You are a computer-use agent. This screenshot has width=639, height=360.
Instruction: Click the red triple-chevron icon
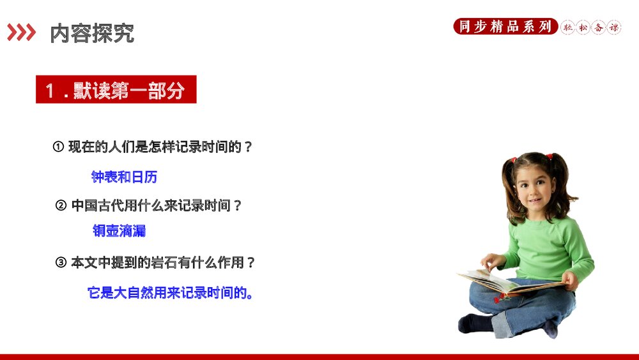point(21,32)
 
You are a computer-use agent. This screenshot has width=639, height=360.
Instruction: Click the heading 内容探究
point(92,33)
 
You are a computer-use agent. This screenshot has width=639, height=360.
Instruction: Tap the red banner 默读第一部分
point(116,90)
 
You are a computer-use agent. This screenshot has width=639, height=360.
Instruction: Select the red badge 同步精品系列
point(505,27)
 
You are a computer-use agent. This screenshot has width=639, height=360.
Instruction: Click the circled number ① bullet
point(58,147)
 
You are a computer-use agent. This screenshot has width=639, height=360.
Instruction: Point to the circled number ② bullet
point(61,206)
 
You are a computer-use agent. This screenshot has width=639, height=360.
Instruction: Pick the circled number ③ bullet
point(61,263)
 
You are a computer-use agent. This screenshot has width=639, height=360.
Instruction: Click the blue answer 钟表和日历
point(124,177)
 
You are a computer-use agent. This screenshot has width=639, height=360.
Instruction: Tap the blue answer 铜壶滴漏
point(119,231)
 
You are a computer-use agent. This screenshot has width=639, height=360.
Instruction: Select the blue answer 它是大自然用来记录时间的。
point(170,293)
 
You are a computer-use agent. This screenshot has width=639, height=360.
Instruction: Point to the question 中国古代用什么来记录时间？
point(157,206)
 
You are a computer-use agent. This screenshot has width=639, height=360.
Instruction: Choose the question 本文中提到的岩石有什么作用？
point(164,263)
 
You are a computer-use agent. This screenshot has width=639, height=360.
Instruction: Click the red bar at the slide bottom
point(319,356)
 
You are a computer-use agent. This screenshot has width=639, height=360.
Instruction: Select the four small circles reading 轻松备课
point(590,27)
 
